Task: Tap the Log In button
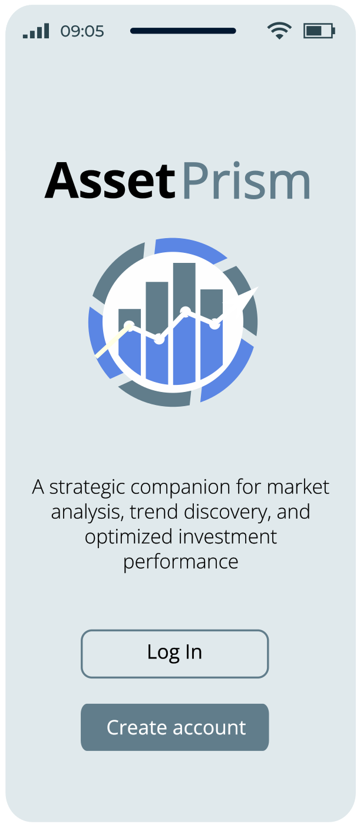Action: click(174, 654)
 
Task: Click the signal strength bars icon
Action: click(36, 31)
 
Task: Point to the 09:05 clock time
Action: click(82, 31)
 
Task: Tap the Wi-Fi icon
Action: click(279, 31)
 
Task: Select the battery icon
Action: click(319, 31)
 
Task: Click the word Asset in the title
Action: click(110, 181)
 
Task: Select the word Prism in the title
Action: click(246, 181)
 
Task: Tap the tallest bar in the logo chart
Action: click(184, 324)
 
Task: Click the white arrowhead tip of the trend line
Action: click(258, 287)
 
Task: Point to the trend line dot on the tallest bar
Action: click(186, 312)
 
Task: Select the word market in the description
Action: click(298, 487)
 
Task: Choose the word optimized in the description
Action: click(128, 538)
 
